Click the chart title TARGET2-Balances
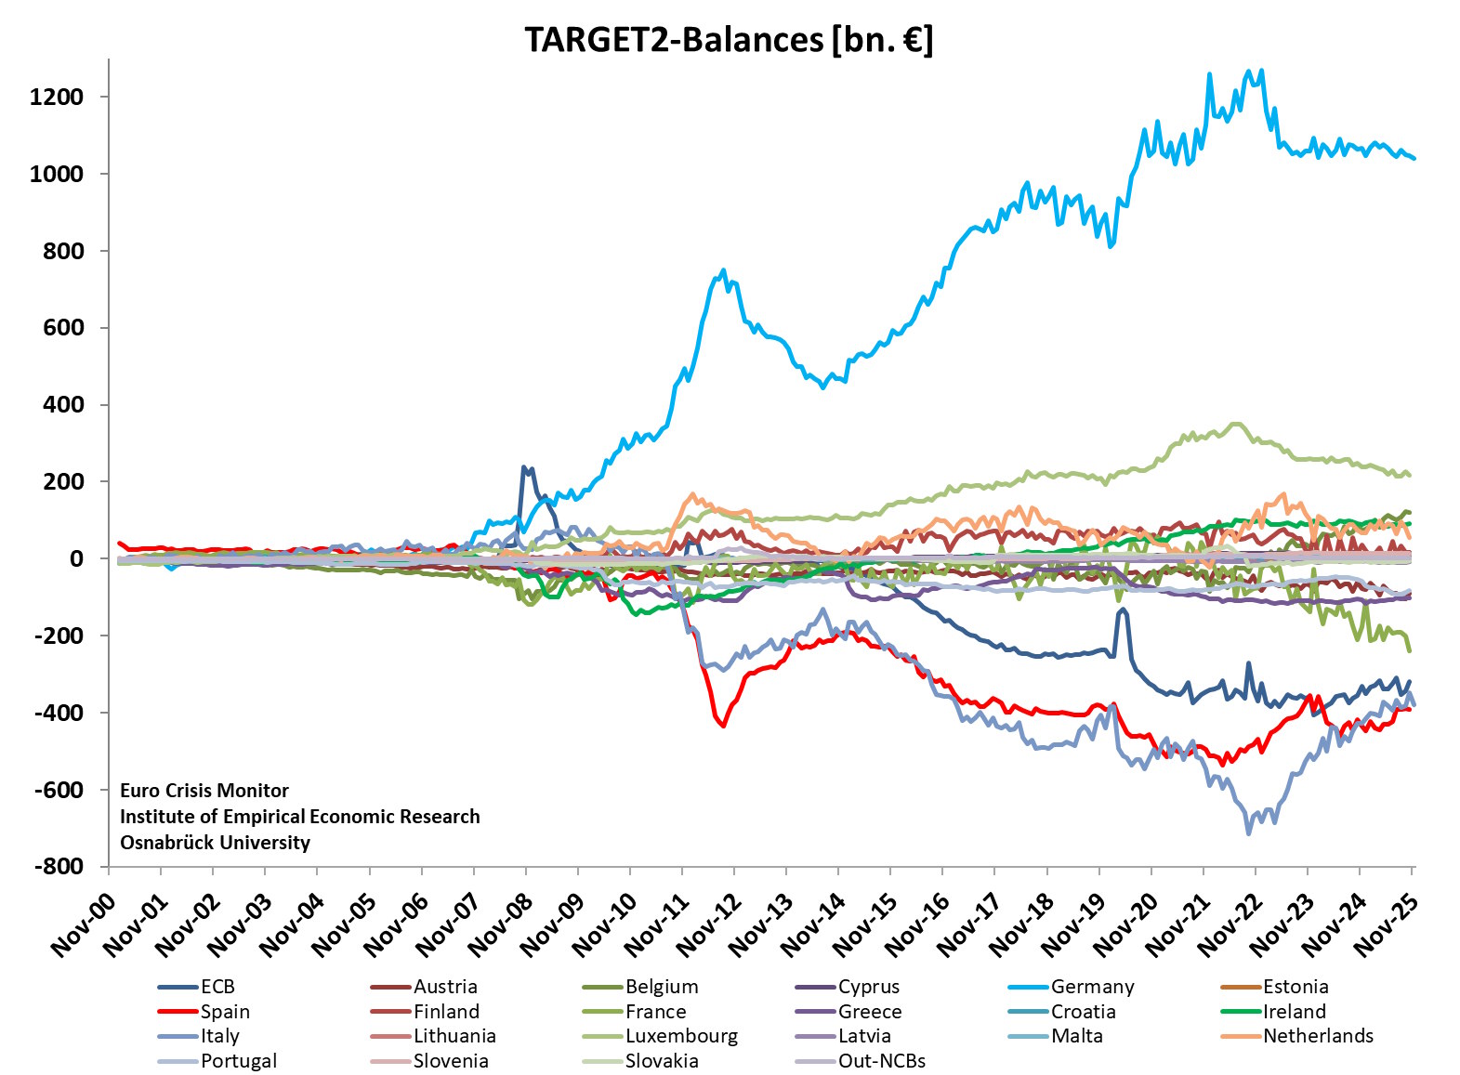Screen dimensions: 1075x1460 pyautogui.click(x=729, y=40)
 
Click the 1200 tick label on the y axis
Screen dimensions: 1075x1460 pyautogui.click(x=56, y=97)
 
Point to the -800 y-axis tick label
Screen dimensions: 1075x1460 pyautogui.click(x=59, y=866)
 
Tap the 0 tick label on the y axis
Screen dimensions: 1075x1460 pyautogui.click(x=76, y=558)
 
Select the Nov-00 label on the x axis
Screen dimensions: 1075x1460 pyautogui.click(x=84, y=925)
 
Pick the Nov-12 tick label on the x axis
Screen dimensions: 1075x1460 pyautogui.click(x=709, y=925)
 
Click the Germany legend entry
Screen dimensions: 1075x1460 pyautogui.click(x=1092, y=987)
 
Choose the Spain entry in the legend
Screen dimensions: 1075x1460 pyautogui.click(x=225, y=1012)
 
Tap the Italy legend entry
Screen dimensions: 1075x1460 pyautogui.click(x=220, y=1036)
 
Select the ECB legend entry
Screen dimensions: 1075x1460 pyautogui.click(x=217, y=987)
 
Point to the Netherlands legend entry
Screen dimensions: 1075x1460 pyautogui.click(x=1317, y=1036)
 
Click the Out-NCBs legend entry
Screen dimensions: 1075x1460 pyautogui.click(x=881, y=1061)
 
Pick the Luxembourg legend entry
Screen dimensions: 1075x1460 pyautogui.click(x=681, y=1036)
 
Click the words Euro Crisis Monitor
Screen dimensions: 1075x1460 pyautogui.click(x=204, y=791)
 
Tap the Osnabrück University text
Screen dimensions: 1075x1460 pyautogui.click(x=215, y=843)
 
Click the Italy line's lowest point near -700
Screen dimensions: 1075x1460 pyautogui.click(x=1248, y=833)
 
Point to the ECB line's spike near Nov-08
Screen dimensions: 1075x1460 pyautogui.click(x=524, y=467)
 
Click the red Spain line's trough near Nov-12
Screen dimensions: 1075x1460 pyautogui.click(x=723, y=726)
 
